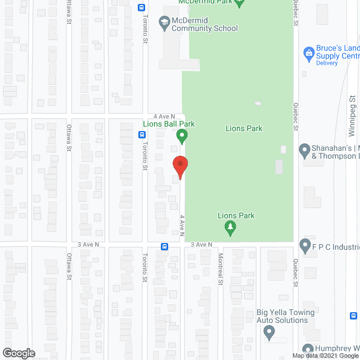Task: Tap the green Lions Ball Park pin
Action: [182, 136]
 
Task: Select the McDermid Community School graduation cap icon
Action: [164, 23]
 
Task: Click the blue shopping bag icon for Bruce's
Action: [308, 54]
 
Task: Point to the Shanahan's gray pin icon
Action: [304, 150]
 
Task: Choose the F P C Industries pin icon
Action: [305, 245]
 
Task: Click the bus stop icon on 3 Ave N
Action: [164, 246]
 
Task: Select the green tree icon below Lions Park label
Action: [229, 228]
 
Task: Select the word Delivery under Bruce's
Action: [327, 63]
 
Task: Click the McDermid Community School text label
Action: [205, 24]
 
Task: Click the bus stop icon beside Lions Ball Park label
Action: [141, 134]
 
